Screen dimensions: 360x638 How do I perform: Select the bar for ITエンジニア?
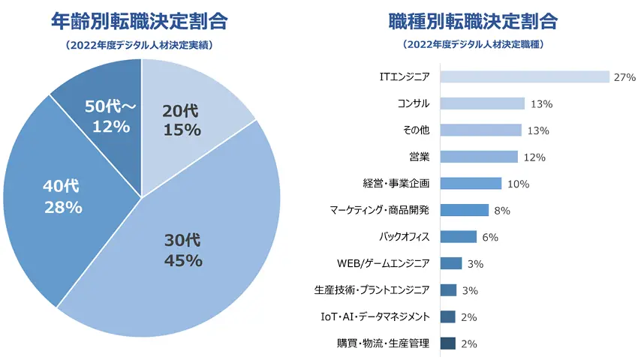click(524, 77)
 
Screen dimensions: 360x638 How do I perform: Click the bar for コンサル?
click(482, 103)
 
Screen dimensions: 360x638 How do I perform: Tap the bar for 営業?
click(479, 157)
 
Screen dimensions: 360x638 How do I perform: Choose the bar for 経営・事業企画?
click(471, 184)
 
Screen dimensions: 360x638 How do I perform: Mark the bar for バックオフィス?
click(458, 237)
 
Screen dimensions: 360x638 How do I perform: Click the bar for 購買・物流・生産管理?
click(448, 343)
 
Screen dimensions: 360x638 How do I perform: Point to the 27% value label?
click(624, 77)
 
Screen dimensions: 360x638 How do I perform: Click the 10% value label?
click(518, 184)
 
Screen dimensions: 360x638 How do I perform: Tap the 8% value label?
click(503, 211)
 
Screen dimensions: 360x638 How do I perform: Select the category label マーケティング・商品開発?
click(380, 211)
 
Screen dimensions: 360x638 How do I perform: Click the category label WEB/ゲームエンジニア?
click(384, 263)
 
